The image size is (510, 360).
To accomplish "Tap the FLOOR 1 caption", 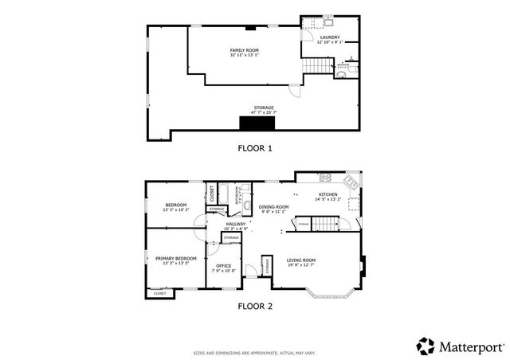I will [255, 148].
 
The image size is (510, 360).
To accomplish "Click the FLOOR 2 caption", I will [255, 305].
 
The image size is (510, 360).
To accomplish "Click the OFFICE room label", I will [223, 268].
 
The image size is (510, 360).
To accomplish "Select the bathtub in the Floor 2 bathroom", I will [226, 193].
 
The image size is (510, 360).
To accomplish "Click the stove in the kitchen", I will [325, 177].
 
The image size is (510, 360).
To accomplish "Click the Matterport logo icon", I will [426, 346].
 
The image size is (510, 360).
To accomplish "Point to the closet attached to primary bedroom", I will [160, 293].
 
